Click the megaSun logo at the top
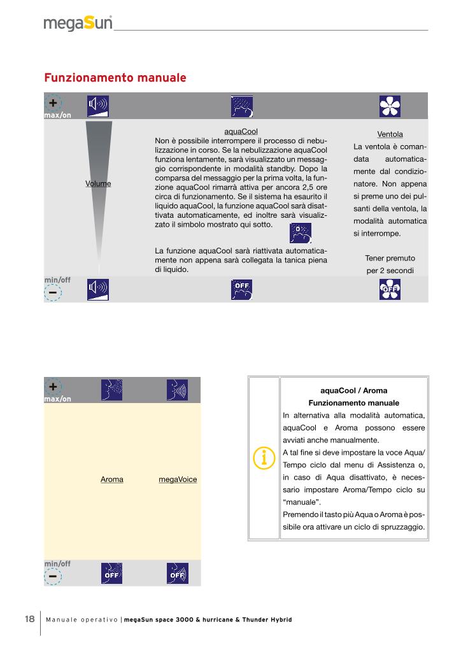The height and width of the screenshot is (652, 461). pos(78,24)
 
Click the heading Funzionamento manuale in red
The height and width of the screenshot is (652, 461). pos(115,78)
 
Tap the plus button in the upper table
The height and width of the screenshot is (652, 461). pos(53,103)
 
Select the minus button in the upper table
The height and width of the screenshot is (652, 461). pos(53,292)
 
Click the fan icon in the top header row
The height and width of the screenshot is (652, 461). pos(388,106)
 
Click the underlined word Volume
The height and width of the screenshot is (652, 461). pos(98,183)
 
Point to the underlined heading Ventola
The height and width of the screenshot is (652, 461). pos(390,134)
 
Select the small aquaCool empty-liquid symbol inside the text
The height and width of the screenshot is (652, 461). pos(300,233)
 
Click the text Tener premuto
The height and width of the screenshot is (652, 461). pos(390,258)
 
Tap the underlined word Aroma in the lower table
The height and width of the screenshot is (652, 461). pos(112,479)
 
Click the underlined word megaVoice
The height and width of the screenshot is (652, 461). pos(178,479)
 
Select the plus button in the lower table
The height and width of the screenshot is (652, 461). pos(53,386)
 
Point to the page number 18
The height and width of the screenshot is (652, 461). pos(29,620)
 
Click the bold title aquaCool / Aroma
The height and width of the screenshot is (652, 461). pos(353,390)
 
